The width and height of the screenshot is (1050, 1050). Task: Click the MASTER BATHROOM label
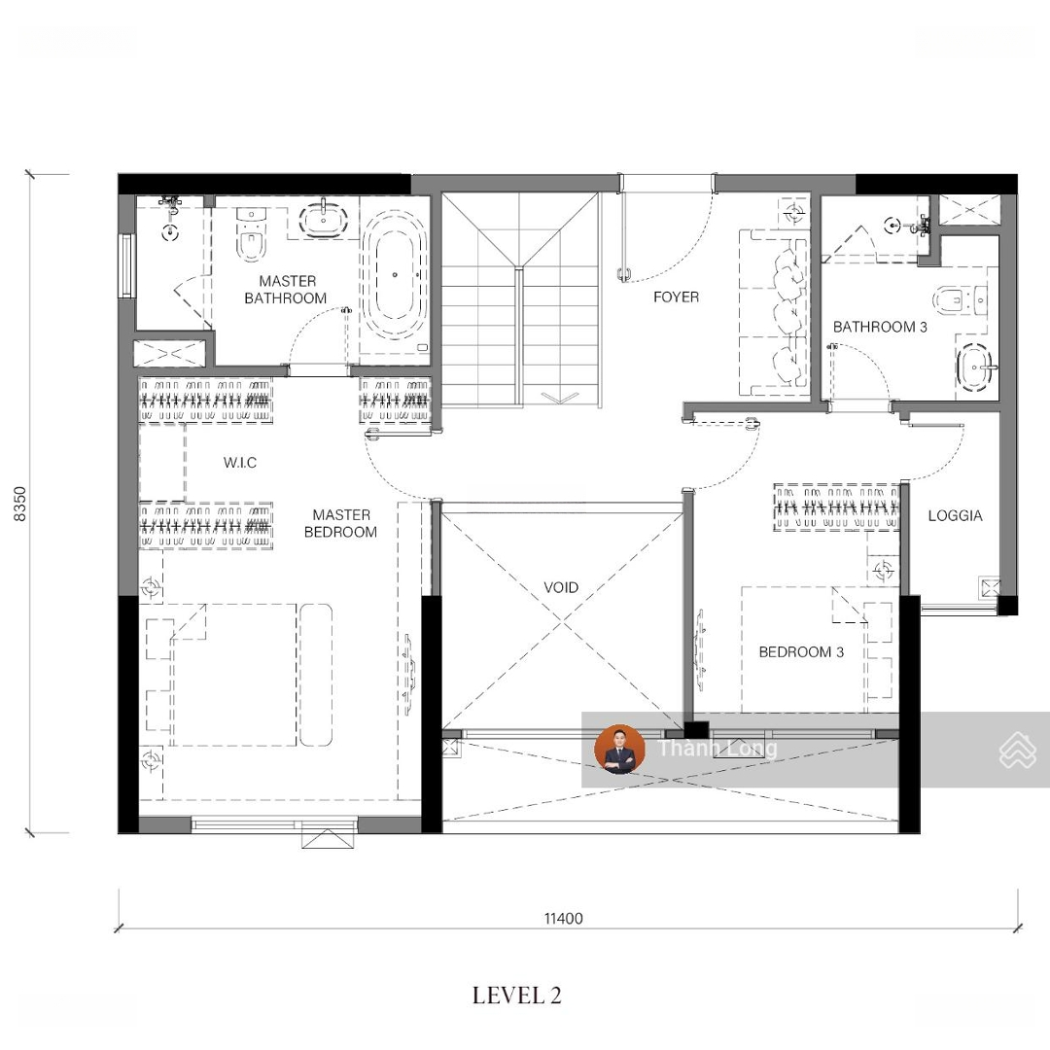(x=286, y=290)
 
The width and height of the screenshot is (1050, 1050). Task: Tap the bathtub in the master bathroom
(x=394, y=274)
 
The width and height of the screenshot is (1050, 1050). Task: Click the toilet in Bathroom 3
(x=959, y=301)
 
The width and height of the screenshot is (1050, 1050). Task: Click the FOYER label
(x=676, y=297)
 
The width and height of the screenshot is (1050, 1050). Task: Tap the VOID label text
(x=561, y=587)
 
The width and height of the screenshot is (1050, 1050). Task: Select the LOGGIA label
(x=955, y=515)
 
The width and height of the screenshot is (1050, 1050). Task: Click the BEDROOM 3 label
(x=801, y=651)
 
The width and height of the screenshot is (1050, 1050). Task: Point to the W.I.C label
(x=240, y=462)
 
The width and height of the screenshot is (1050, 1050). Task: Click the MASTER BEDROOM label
(x=341, y=523)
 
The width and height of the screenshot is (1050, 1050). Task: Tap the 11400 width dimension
(x=563, y=918)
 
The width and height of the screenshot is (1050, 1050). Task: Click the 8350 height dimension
(x=20, y=505)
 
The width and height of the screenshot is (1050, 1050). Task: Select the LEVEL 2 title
(x=517, y=996)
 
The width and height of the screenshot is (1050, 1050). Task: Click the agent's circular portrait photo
(x=619, y=749)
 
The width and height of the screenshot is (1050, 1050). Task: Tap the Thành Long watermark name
(x=717, y=748)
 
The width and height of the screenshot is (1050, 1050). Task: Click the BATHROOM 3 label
(x=880, y=327)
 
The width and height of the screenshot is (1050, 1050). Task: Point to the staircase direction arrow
(x=559, y=398)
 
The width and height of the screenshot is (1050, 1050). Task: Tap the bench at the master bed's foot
(x=315, y=675)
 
